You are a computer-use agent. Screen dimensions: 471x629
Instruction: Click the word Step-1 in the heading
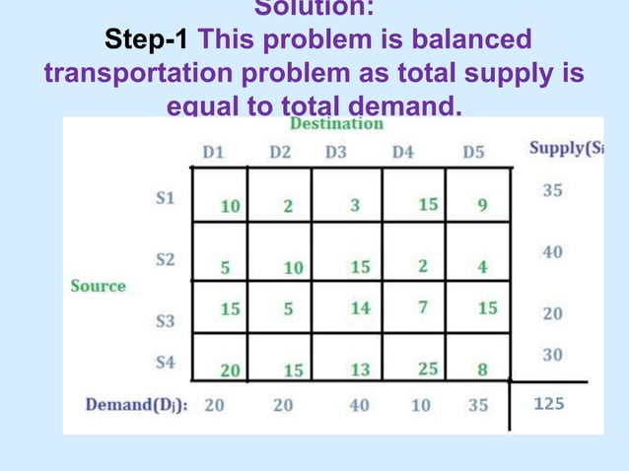pos(149,41)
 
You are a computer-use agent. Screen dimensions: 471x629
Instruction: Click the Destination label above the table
pos(336,124)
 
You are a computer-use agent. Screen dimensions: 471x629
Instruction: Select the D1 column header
pos(213,153)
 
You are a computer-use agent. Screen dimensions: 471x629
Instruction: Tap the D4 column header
pos(402,153)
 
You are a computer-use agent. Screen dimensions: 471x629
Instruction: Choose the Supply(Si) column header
pos(565,149)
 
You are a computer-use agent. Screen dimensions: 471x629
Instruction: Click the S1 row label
pos(167,197)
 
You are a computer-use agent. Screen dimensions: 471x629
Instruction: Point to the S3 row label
pos(166,321)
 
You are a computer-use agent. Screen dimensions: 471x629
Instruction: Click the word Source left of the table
pos(98,286)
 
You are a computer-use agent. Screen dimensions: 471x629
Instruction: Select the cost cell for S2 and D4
pos(422,266)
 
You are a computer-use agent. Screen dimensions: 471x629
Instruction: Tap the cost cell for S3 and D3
pos(360,308)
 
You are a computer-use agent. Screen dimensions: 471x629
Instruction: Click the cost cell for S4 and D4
pos(428,369)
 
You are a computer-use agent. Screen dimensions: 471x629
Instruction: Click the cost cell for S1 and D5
pos(482,206)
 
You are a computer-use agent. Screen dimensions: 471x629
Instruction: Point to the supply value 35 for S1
pos(552,191)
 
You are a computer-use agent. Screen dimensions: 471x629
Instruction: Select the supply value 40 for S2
pos(552,252)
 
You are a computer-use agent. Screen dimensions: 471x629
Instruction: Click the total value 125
pos(549,404)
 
